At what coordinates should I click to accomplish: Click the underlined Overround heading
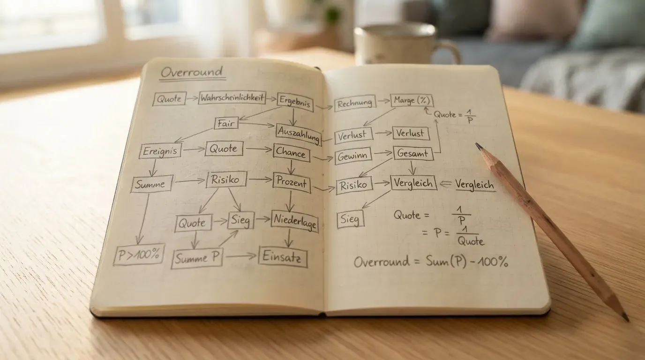click(x=192, y=72)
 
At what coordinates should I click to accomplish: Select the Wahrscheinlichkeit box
click(x=232, y=98)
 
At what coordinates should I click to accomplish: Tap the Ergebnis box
click(x=295, y=101)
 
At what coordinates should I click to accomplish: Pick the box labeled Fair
click(x=226, y=123)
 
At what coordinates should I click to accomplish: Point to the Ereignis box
click(x=160, y=151)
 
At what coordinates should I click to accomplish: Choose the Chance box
click(x=291, y=153)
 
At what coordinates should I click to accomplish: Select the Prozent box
click(x=292, y=183)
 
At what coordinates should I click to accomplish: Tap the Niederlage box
click(x=294, y=221)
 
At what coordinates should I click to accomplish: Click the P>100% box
click(x=139, y=255)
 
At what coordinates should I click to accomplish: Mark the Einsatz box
click(x=283, y=257)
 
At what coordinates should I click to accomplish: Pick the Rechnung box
click(x=355, y=103)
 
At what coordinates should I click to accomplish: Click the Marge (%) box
click(x=412, y=100)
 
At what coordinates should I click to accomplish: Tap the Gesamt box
click(x=413, y=153)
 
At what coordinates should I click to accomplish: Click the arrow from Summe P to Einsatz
click(x=240, y=256)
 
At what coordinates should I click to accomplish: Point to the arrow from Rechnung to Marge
click(x=383, y=101)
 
